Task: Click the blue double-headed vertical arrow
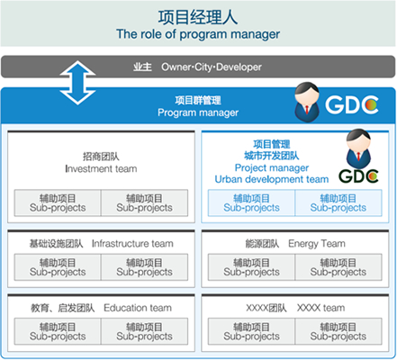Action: pos(77,83)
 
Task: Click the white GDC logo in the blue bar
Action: pos(352,104)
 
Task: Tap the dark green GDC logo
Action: pos(358,176)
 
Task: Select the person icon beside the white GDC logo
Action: pos(307,102)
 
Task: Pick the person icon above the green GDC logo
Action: pos(358,148)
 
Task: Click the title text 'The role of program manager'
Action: pos(198,34)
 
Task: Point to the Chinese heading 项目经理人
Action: pos(198,17)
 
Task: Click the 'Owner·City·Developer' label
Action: pos(212,67)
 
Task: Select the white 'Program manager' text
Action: pos(198,112)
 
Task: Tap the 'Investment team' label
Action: pos(101,169)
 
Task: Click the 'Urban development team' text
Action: pos(272,179)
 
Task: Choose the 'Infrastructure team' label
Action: pos(132,244)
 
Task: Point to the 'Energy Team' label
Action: pos(317,244)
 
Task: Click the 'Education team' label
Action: pos(138,308)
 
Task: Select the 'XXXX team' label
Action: pos(320,308)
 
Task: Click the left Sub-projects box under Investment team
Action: pos(58,202)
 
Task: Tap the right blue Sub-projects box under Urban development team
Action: pos(338,202)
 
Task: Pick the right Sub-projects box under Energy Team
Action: pos(338,267)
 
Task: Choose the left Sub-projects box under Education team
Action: pos(58,331)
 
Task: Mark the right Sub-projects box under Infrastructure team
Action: pos(145,267)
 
